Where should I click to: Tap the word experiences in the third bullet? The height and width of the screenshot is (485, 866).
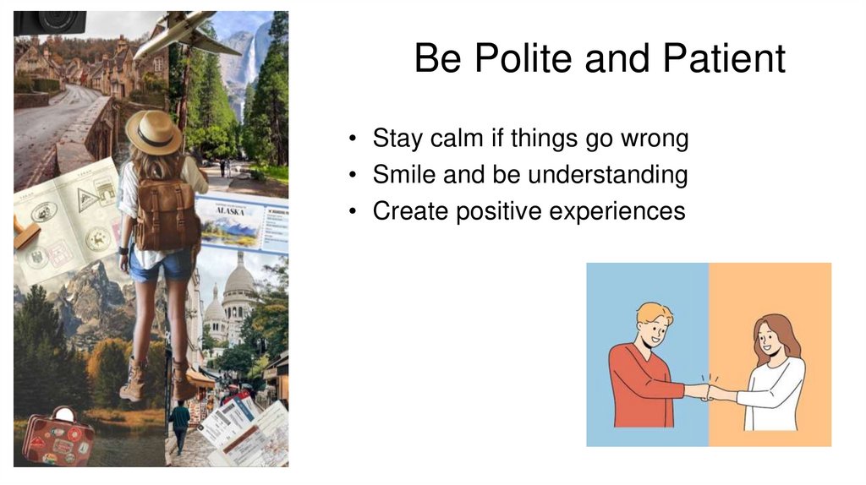pos(617,211)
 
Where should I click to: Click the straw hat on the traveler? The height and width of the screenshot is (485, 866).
pos(153,132)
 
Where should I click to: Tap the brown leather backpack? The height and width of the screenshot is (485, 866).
pos(167,213)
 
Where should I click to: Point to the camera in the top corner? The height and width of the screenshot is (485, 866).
pos(49,22)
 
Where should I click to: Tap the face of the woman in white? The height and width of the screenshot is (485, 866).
pos(770,339)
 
